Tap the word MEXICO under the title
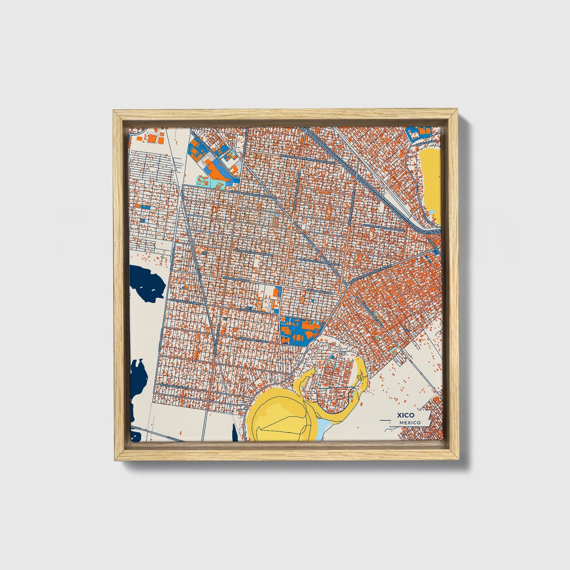coord(409,422)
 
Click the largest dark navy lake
coord(146,282)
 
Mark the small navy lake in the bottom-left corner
coord(136,436)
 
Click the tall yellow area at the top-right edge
coord(430,178)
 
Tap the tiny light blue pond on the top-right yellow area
coord(433,212)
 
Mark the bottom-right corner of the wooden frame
coord(459,460)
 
